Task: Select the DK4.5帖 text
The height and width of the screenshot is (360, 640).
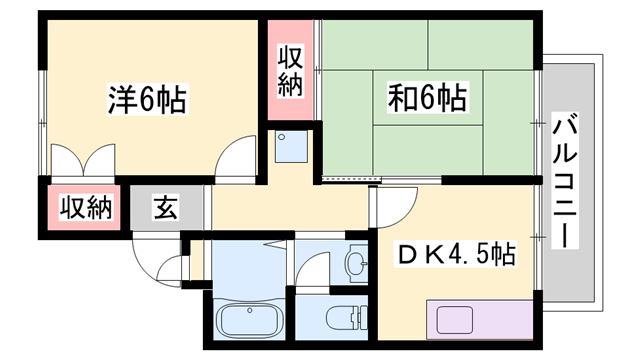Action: click(457, 254)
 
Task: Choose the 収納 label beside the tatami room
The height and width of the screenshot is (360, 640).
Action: click(290, 71)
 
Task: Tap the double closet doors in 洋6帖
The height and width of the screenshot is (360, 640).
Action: click(85, 160)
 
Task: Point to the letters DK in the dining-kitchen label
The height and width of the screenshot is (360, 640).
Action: click(417, 254)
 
